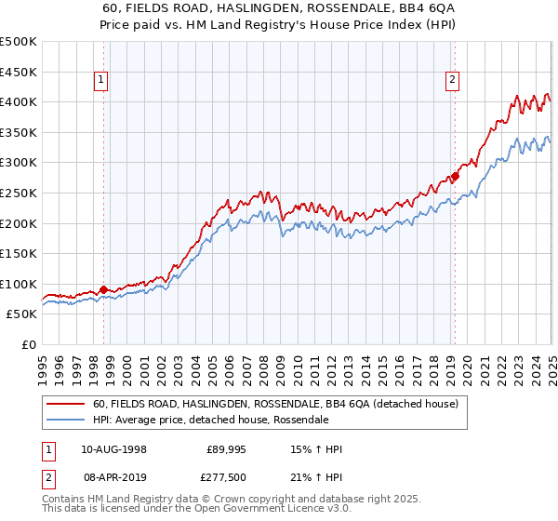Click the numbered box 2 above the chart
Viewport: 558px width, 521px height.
click(x=452, y=81)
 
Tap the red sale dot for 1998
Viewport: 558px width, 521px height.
click(x=103, y=289)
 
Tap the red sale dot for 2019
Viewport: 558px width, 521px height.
click(x=455, y=176)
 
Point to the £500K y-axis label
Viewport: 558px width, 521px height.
click(x=18, y=42)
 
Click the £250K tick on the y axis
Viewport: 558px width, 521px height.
click(x=18, y=193)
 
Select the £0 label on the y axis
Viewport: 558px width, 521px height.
click(x=28, y=345)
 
